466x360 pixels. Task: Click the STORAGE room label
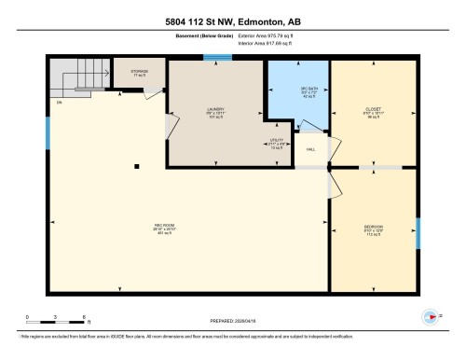coord(139,72)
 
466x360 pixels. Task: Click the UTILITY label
coord(277,143)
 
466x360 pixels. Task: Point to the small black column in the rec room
coord(137,166)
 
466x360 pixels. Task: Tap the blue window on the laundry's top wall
coord(217,58)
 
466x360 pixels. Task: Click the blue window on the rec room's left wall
coord(48,132)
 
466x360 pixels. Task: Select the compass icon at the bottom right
coord(429,315)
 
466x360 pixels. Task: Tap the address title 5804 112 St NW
coord(232,21)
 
